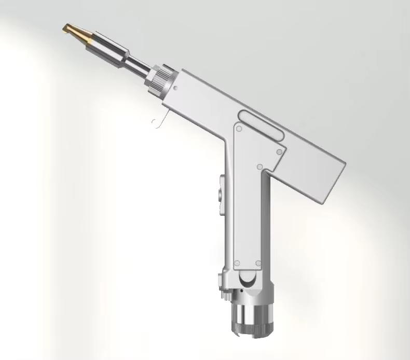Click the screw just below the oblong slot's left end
pos(239,128)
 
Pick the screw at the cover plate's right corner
pos(280,152)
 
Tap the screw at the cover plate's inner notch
pos(260,167)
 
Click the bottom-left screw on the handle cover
pos(237,263)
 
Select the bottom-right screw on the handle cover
pos(258,263)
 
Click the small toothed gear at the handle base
pos(225,293)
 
